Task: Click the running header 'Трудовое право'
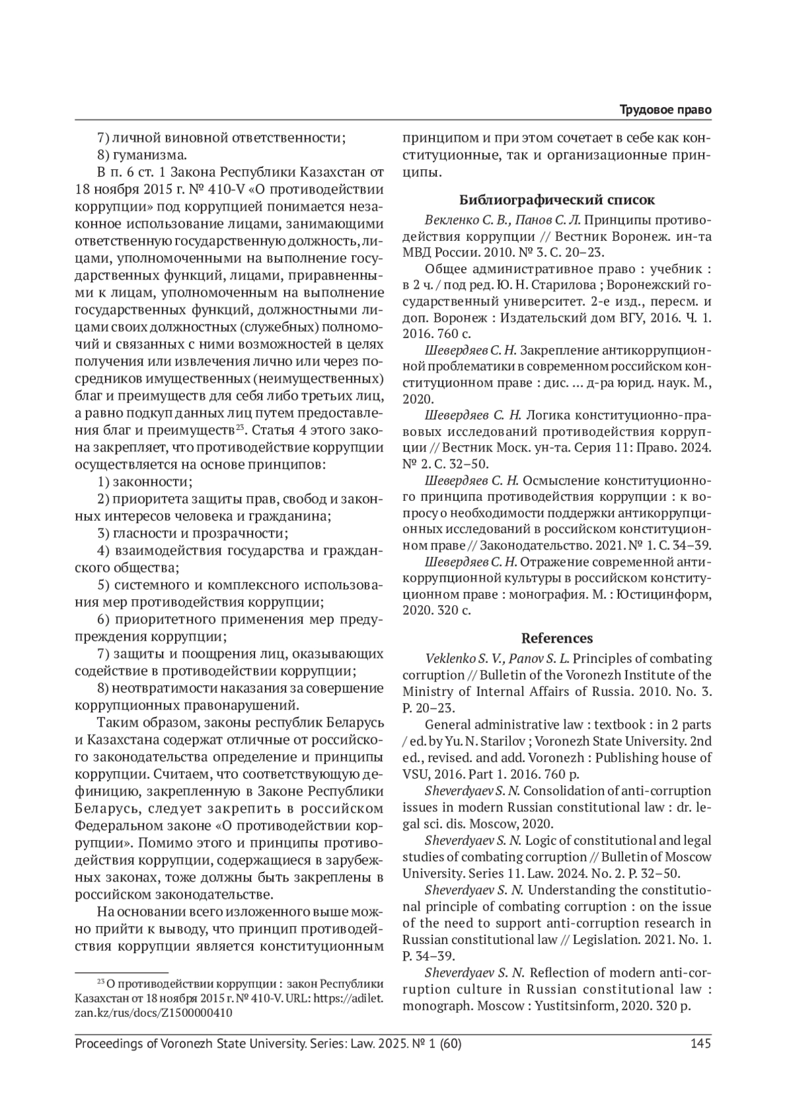[x=666, y=110]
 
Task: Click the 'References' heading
[x=557, y=637]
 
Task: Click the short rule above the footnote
[x=122, y=971]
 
